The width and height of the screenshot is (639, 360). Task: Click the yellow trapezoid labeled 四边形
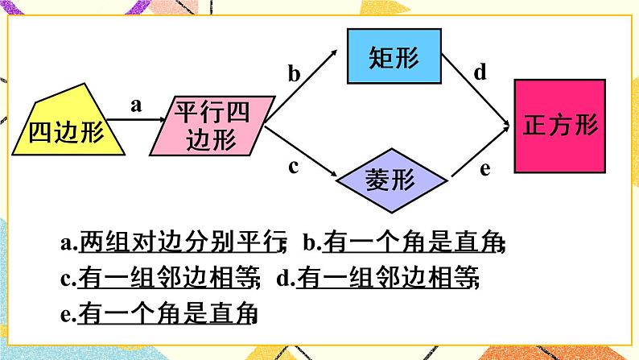(68, 129)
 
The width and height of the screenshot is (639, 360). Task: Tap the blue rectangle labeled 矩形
(395, 56)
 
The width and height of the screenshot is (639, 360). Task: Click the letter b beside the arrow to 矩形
(295, 75)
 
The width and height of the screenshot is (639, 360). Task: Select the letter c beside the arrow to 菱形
(294, 167)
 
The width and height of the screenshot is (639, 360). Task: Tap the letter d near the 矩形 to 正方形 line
(480, 73)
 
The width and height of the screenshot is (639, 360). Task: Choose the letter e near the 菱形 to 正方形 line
(484, 168)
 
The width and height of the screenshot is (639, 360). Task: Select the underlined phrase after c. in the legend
(168, 279)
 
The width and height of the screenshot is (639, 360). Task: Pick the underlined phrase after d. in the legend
(387, 279)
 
